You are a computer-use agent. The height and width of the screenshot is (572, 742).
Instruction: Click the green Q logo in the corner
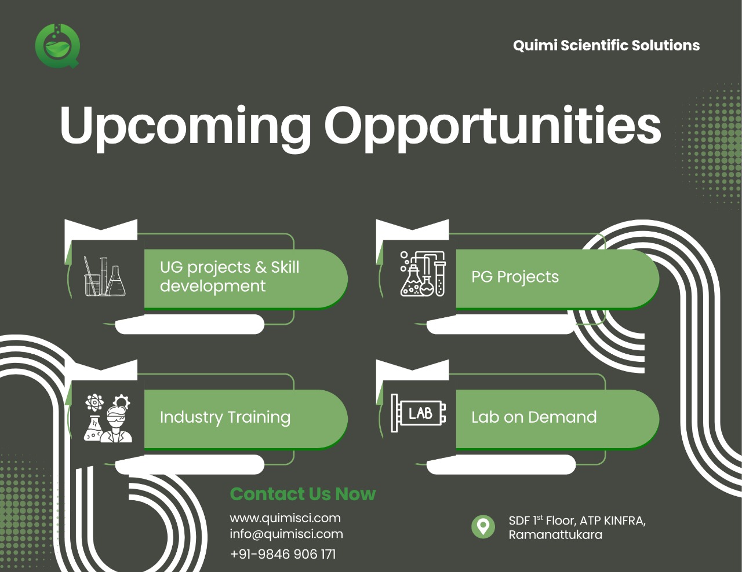[57, 46]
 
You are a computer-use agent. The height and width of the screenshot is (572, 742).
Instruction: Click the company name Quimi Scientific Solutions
[606, 45]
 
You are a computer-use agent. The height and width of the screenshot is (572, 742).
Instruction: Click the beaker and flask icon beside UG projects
[104, 276]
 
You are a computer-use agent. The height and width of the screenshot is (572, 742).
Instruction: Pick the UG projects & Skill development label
[230, 277]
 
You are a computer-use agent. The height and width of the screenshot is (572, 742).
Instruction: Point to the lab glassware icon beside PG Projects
[423, 274]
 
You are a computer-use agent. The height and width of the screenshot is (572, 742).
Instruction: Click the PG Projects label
[515, 277]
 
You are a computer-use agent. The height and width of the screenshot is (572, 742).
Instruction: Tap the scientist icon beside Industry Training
[107, 418]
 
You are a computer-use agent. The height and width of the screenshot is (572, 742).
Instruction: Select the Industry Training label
[225, 417]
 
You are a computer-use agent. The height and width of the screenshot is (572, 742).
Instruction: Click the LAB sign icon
[419, 413]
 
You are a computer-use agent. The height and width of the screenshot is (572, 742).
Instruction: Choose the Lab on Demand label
[534, 417]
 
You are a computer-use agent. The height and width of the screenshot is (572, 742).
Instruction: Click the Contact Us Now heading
[303, 494]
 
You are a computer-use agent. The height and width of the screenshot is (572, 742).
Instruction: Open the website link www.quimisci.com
[285, 518]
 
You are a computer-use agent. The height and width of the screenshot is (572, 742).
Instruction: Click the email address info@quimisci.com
[286, 534]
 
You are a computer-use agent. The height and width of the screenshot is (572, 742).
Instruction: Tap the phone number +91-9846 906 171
[283, 554]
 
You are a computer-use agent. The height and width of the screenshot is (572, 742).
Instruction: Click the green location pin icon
[483, 527]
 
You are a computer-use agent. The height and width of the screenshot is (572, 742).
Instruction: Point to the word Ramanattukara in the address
[555, 534]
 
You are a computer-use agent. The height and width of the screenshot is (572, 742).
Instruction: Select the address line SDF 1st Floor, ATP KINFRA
[577, 520]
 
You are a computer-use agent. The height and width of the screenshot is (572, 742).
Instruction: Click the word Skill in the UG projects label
[285, 267]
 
